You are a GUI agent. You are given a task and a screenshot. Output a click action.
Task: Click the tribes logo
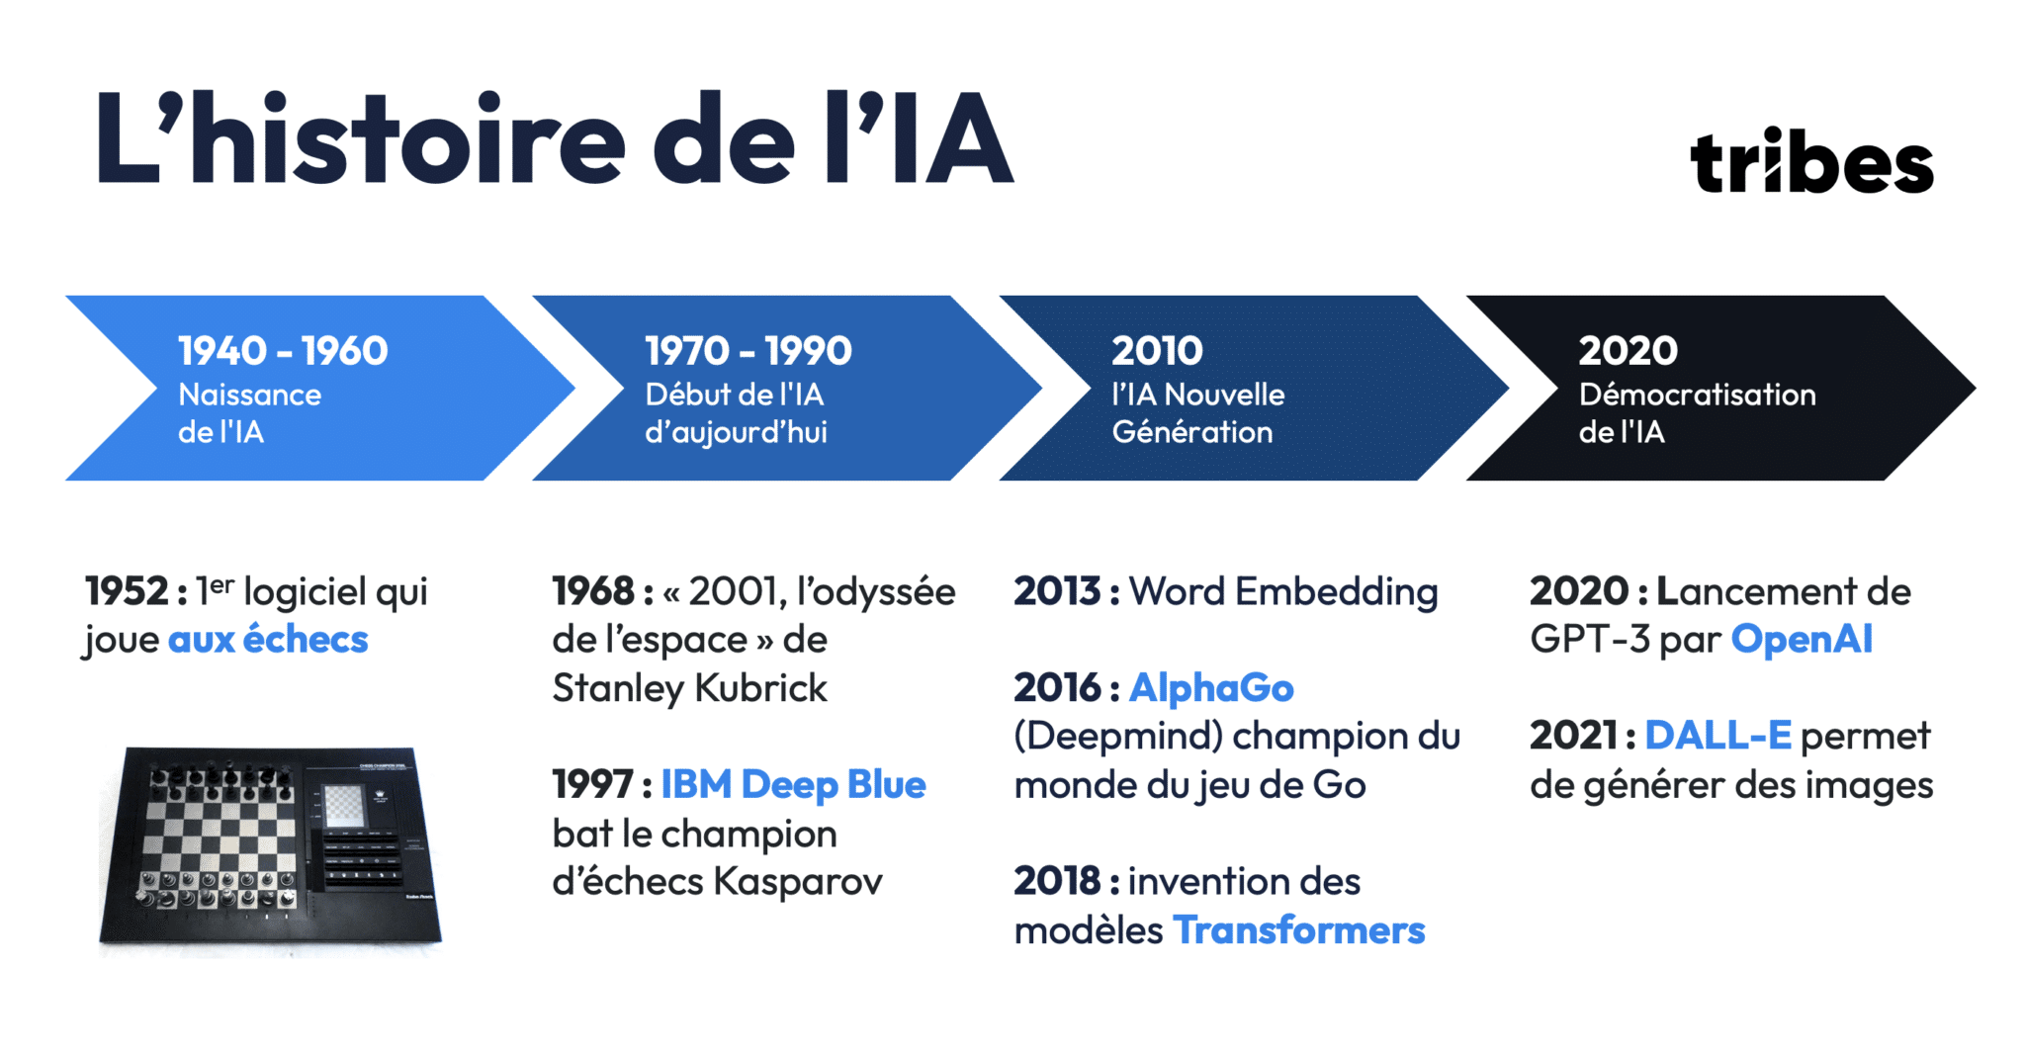click(x=1810, y=161)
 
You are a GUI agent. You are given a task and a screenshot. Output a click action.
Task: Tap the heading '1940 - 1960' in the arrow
click(x=283, y=351)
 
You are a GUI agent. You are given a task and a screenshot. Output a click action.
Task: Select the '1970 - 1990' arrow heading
click(x=748, y=351)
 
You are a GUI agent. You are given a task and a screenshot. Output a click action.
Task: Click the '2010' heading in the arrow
click(x=1157, y=351)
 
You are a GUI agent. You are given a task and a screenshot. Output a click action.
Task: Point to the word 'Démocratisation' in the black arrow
click(x=1697, y=395)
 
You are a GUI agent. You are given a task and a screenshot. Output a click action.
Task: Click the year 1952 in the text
click(x=127, y=592)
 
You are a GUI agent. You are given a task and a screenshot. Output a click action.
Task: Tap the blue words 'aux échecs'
click(x=268, y=640)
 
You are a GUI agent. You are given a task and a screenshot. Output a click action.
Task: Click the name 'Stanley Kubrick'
click(x=689, y=688)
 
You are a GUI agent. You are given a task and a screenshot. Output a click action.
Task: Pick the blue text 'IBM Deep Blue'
click(x=793, y=785)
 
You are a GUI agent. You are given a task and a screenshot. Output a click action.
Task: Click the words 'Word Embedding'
click(x=1283, y=592)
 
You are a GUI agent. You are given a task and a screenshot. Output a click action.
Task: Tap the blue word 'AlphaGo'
click(x=1211, y=688)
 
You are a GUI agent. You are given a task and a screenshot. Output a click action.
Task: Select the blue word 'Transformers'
click(x=1298, y=930)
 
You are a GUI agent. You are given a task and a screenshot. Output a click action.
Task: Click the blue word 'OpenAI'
click(x=1802, y=640)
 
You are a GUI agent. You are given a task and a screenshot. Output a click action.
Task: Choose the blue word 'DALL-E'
click(x=1717, y=736)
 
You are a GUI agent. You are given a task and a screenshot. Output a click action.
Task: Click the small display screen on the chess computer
click(x=343, y=804)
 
